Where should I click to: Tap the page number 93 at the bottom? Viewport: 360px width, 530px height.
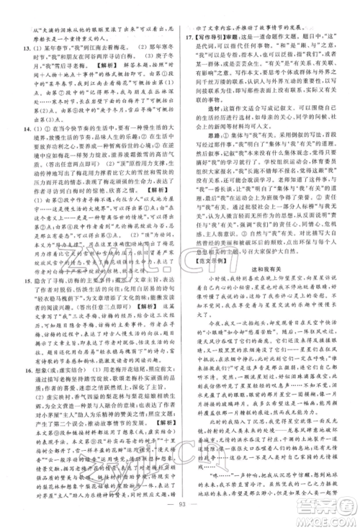click(x=179, y=513)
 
